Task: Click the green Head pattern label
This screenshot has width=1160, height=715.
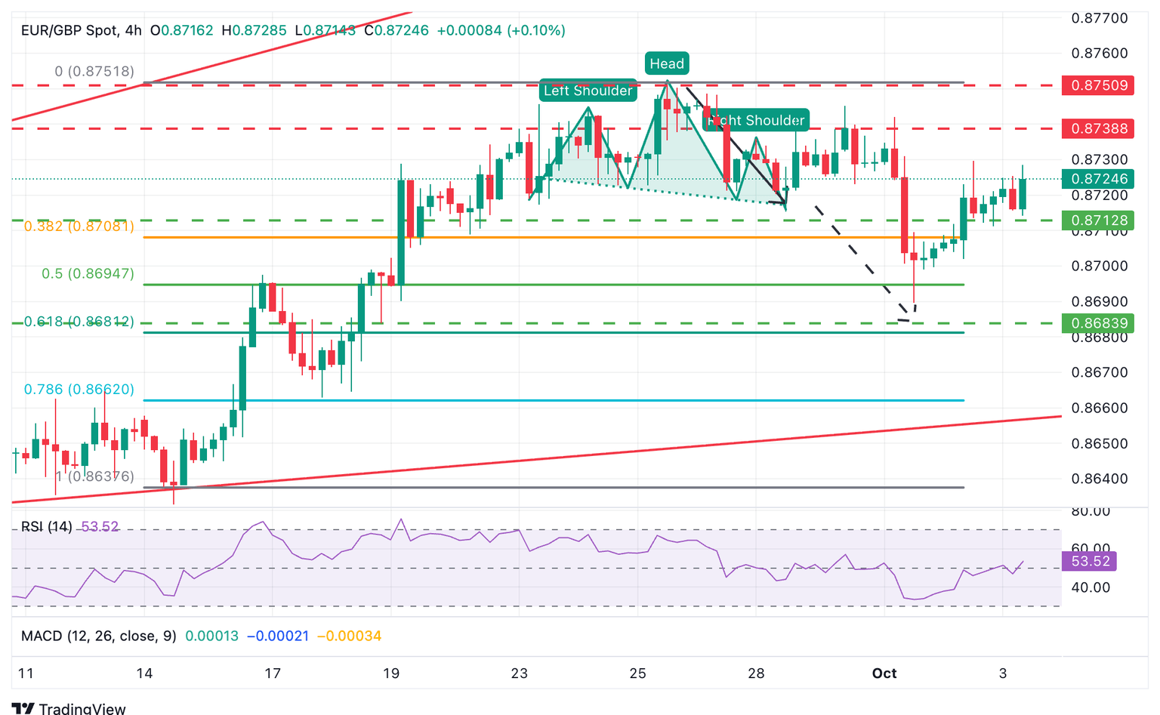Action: [667, 63]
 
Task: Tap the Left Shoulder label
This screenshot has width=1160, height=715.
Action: [588, 91]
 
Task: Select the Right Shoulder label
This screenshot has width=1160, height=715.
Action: [756, 120]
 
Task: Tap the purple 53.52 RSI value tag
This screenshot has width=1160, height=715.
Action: [1090, 561]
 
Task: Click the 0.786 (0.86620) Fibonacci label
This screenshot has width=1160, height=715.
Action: [79, 390]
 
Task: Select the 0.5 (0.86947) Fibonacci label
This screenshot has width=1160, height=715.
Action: [88, 273]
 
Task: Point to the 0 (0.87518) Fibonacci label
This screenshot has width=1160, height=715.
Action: [94, 71]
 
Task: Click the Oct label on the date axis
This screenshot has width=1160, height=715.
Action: [884, 673]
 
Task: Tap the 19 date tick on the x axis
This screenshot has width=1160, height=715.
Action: [391, 673]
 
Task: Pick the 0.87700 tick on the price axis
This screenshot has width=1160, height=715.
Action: [1100, 18]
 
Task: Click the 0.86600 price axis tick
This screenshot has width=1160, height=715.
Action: [1100, 408]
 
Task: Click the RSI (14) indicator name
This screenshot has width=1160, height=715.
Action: [47, 526]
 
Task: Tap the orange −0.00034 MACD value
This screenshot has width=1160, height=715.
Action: [349, 636]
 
